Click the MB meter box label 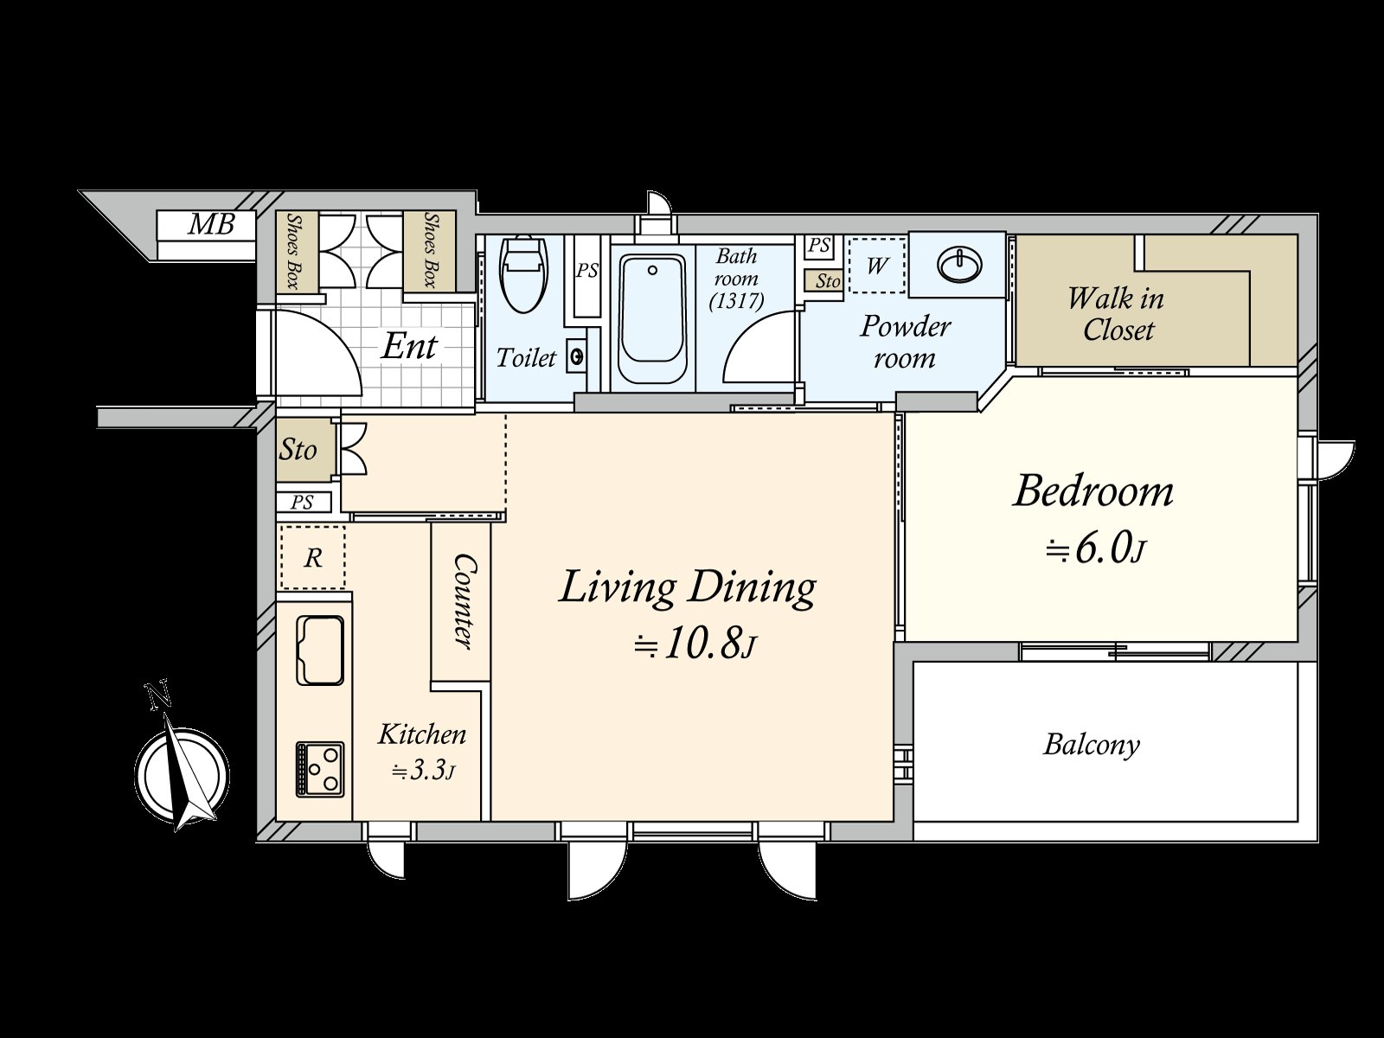212,224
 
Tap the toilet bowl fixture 524,274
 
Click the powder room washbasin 958,264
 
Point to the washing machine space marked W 877,266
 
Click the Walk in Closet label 1116,314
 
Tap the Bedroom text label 1092,491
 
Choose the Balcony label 1092,744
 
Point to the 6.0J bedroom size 1094,549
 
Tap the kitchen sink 320,650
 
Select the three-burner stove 320,769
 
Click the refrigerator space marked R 313,557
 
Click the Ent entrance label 408,346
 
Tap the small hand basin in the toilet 576,357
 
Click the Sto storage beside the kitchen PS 298,450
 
